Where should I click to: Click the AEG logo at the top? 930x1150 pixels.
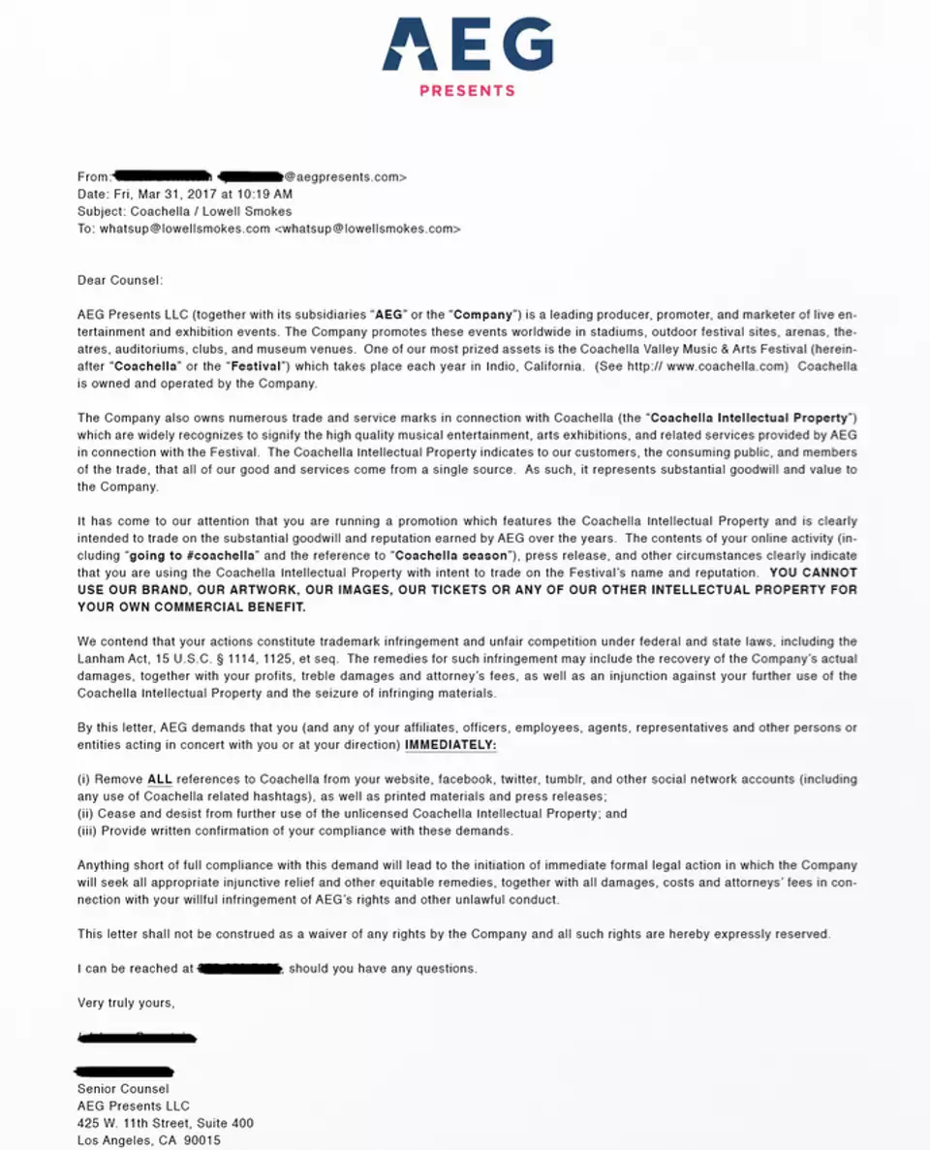[467, 44]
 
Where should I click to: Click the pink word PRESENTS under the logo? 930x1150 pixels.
[467, 91]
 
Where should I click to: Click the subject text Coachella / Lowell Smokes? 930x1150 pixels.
[211, 211]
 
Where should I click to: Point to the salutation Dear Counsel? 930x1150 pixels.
[120, 280]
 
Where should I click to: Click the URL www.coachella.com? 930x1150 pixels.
[741, 367]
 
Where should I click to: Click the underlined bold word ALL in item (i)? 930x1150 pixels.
[159, 779]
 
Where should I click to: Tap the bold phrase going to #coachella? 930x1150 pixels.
[191, 555]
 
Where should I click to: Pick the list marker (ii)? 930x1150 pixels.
[86, 814]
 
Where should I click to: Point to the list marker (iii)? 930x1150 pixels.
[88, 831]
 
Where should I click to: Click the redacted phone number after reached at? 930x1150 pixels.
[238, 968]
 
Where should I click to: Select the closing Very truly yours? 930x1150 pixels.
[126, 1003]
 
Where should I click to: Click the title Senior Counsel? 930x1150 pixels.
[123, 1089]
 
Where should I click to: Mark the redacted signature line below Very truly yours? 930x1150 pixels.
[137, 1038]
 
